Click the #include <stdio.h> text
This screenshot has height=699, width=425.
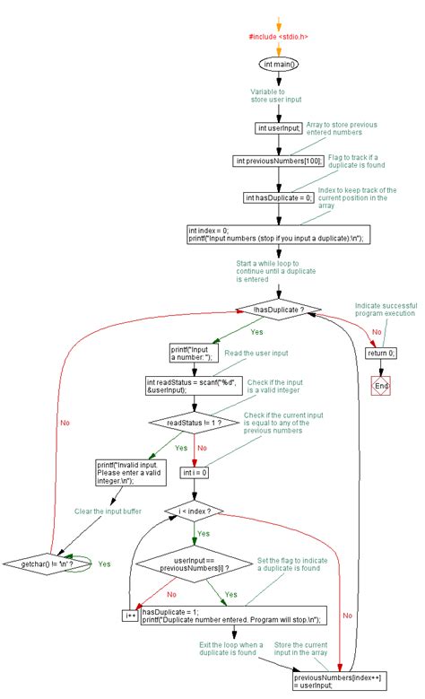tap(279, 37)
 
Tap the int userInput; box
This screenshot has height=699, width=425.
tap(279, 127)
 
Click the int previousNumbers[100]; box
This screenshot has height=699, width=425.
tap(279, 161)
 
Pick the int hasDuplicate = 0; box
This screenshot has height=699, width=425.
tap(279, 197)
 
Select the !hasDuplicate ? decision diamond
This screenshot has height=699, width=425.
tap(279, 310)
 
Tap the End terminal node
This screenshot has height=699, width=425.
tap(382, 386)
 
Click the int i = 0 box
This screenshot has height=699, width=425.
tap(194, 472)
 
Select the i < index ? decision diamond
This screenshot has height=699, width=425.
tap(194, 511)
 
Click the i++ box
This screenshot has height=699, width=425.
tap(130, 616)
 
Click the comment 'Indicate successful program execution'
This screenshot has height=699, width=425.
tap(386, 310)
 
